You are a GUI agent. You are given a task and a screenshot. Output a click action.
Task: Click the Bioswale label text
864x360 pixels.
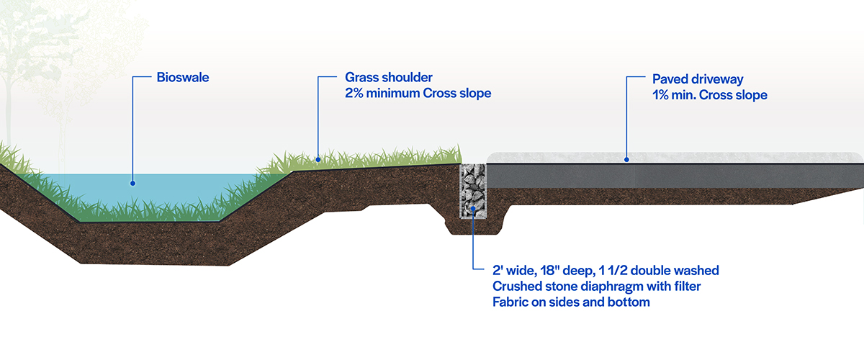[183, 77]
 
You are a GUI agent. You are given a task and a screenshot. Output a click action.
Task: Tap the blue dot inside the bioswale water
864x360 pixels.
[132, 184]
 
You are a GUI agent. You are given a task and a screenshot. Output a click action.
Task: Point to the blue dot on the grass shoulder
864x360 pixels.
[318, 160]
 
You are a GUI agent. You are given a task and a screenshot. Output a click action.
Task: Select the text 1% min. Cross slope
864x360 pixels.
[710, 94]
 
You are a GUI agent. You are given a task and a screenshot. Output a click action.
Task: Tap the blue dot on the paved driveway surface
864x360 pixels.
[626, 159]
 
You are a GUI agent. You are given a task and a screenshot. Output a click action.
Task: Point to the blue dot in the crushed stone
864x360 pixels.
[472, 210]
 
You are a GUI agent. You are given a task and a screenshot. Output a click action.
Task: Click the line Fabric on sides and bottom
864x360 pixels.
[571, 302]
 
